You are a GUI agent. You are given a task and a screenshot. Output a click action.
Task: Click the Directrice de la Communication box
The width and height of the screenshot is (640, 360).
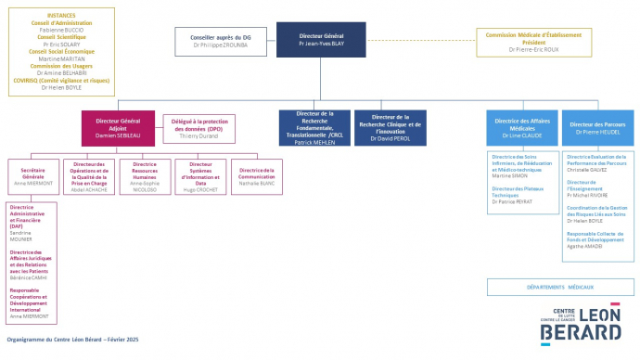pos(257,174)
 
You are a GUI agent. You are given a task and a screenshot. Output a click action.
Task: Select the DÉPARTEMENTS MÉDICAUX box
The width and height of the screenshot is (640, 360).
pos(559,287)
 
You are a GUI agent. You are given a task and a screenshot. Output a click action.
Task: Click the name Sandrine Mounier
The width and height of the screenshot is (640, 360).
pos(20,237)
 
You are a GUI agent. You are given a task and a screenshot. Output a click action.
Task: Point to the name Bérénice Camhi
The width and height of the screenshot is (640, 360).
pos(27,276)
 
